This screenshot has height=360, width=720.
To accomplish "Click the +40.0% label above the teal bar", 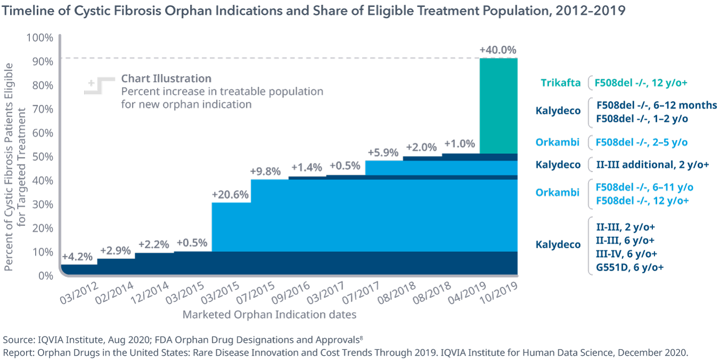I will [x=497, y=50].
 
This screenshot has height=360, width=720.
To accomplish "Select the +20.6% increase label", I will [x=230, y=194].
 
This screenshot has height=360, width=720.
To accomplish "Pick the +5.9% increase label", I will [x=383, y=152].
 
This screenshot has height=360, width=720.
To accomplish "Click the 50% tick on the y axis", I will [x=42, y=157].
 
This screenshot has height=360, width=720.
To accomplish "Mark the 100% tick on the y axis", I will [x=40, y=38].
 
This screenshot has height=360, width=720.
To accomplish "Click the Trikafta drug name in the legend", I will [x=560, y=83].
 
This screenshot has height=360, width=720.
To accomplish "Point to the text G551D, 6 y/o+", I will [x=630, y=267].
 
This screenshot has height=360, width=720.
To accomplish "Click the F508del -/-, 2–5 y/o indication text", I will [x=641, y=142].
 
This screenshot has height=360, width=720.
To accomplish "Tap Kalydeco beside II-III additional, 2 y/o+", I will [x=558, y=165].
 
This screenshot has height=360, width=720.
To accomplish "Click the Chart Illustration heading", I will [x=166, y=78].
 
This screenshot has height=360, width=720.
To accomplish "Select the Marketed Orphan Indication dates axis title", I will [x=269, y=315].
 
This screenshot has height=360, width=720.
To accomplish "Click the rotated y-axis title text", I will [x=14, y=166].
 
